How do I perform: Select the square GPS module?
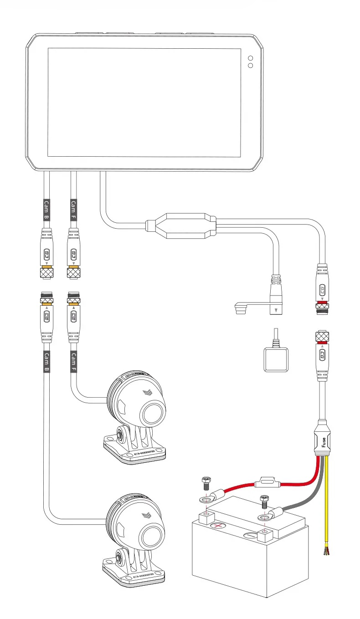click(x=275, y=360)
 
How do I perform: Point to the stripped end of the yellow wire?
click(x=326, y=550)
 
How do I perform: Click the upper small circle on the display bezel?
click(x=250, y=58)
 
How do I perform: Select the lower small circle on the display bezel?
click(x=250, y=67)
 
